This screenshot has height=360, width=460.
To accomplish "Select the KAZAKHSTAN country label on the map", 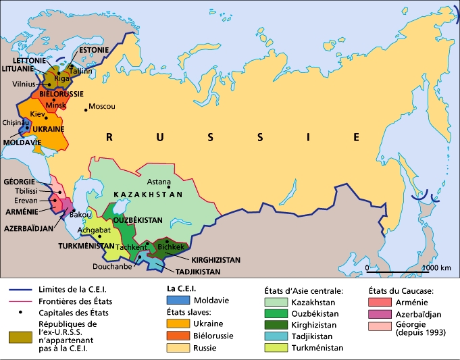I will point(149,195).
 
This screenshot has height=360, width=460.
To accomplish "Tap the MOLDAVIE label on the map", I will point(22,143).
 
